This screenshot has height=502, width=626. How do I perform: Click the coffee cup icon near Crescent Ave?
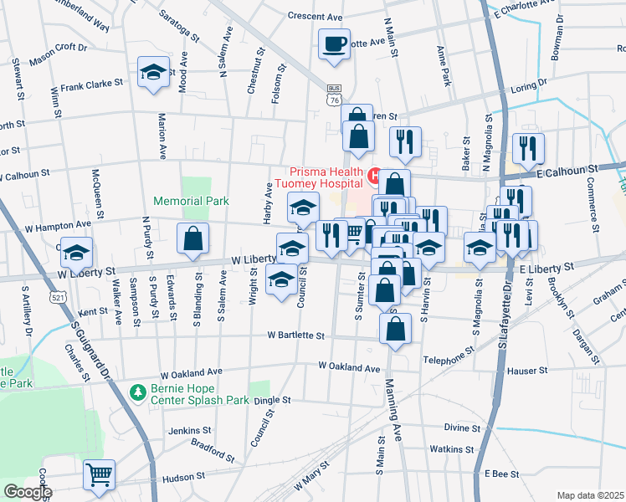pyautogui.click(x=335, y=43)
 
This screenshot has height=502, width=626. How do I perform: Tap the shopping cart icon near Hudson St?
pyautogui.click(x=100, y=474)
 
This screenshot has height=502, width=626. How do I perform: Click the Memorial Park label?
pyautogui.click(x=190, y=202)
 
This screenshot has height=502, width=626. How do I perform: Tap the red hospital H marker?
pyautogui.click(x=374, y=176)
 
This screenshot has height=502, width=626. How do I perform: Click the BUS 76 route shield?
pyautogui.click(x=335, y=95)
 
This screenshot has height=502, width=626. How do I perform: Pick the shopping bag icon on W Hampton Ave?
pyautogui.click(x=192, y=238)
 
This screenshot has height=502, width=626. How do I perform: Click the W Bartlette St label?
pyautogui.click(x=295, y=336)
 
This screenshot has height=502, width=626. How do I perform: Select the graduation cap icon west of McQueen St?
pyautogui.click(x=77, y=252)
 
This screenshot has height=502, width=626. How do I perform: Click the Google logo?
pyautogui.click(x=27, y=492)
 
